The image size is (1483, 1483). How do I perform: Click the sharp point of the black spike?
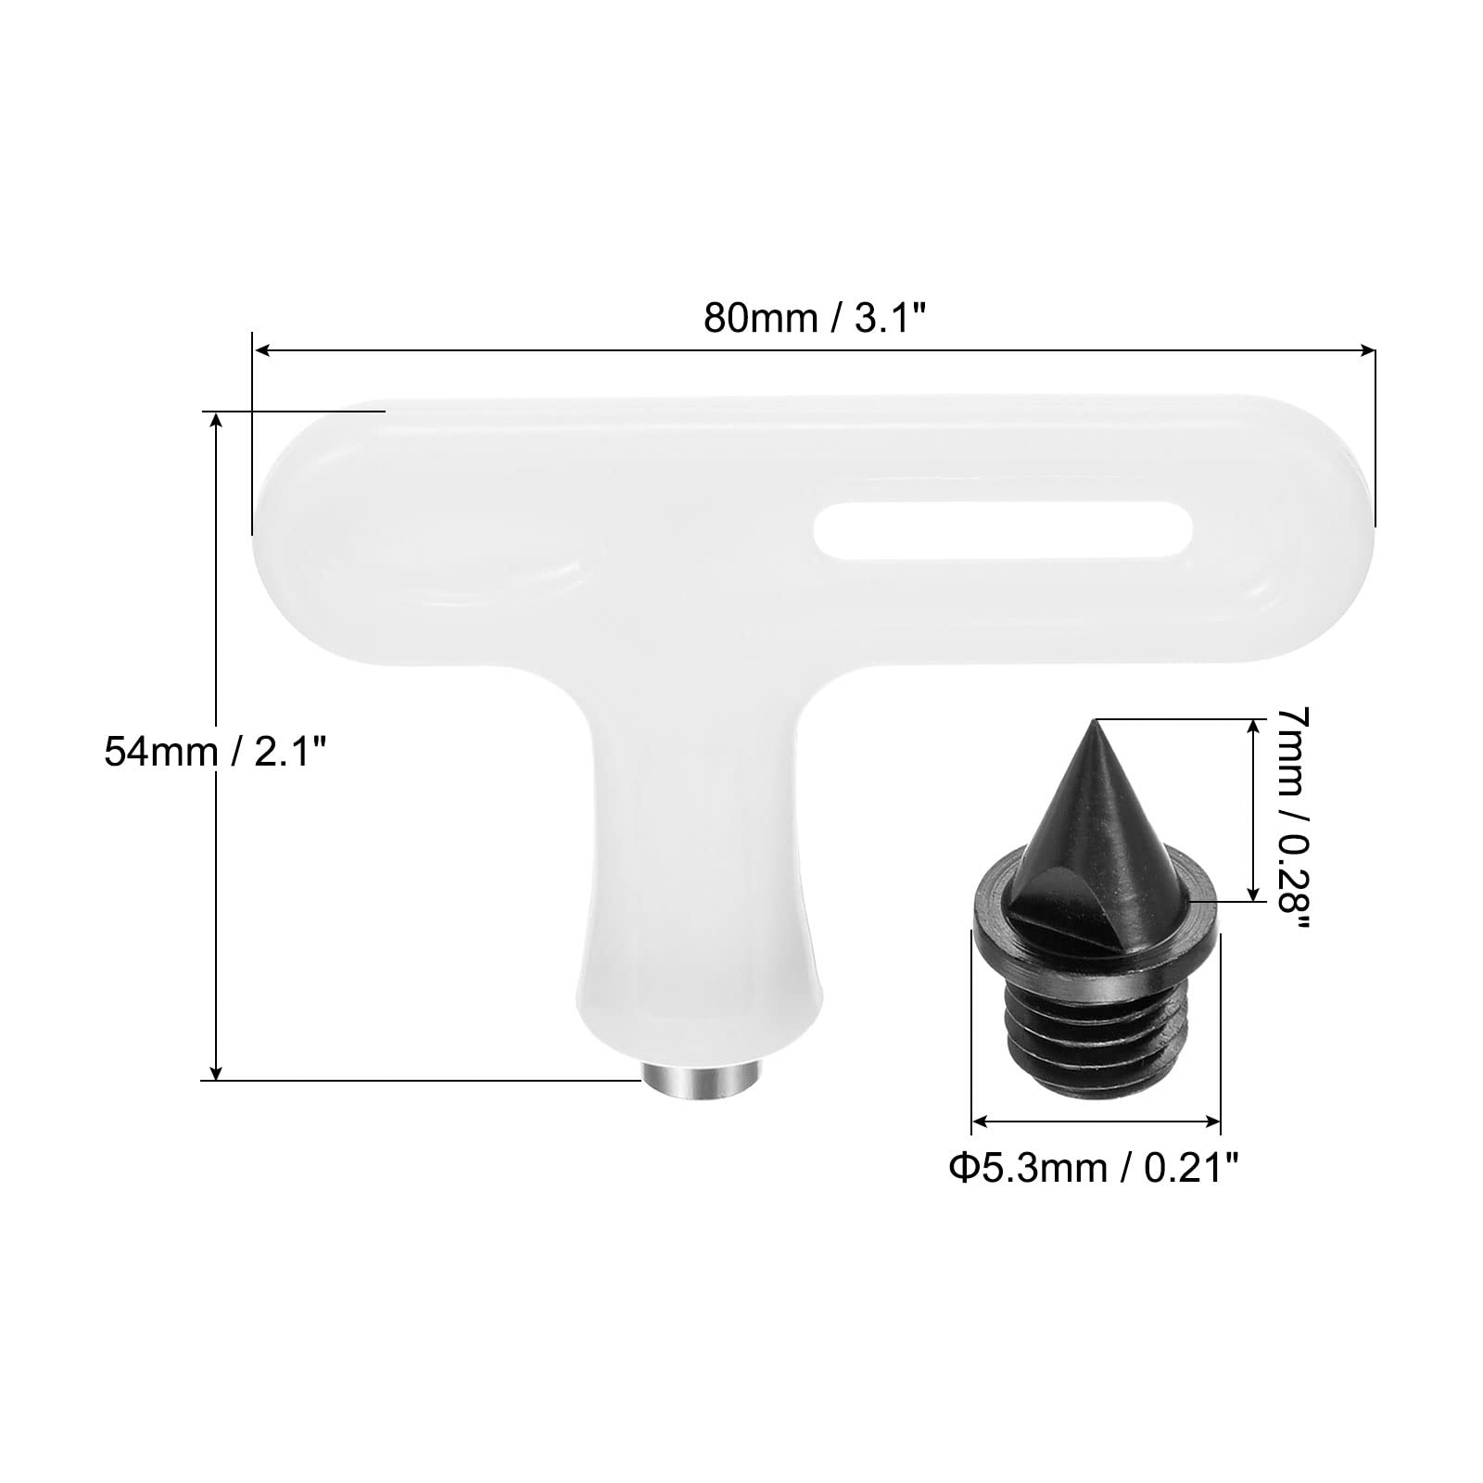pos(1096,720)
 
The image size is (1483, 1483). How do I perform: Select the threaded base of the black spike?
pos(1096,1029)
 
